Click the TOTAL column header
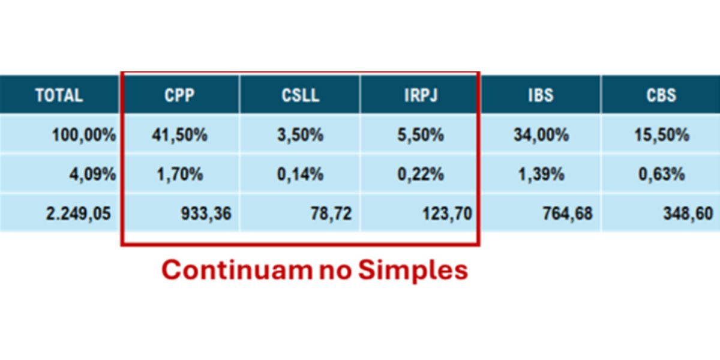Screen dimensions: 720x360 (x=59, y=95)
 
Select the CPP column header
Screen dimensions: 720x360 (x=179, y=95)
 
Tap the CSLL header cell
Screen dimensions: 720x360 (x=300, y=95)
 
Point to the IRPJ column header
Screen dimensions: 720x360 (x=421, y=95)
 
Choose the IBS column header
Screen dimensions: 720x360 (x=541, y=95)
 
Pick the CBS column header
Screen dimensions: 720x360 (x=661, y=95)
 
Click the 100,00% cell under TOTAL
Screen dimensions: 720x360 (x=84, y=134)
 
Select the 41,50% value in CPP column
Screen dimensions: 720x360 (x=179, y=134)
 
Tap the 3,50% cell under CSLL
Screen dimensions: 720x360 (x=300, y=134)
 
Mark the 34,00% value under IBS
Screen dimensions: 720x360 (x=541, y=134)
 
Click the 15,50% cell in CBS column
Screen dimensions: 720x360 (x=662, y=134)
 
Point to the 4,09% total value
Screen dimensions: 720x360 (x=92, y=174)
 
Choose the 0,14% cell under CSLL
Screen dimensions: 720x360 (x=300, y=174)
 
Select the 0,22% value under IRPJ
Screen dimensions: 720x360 (x=421, y=174)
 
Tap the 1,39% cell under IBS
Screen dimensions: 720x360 (x=541, y=174)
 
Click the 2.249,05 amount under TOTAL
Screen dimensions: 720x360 (x=79, y=214)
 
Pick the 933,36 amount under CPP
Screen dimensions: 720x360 (x=206, y=214)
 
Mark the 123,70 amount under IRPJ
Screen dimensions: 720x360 (x=447, y=214)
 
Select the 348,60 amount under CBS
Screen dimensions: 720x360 (x=688, y=214)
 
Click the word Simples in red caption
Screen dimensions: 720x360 (x=413, y=271)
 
